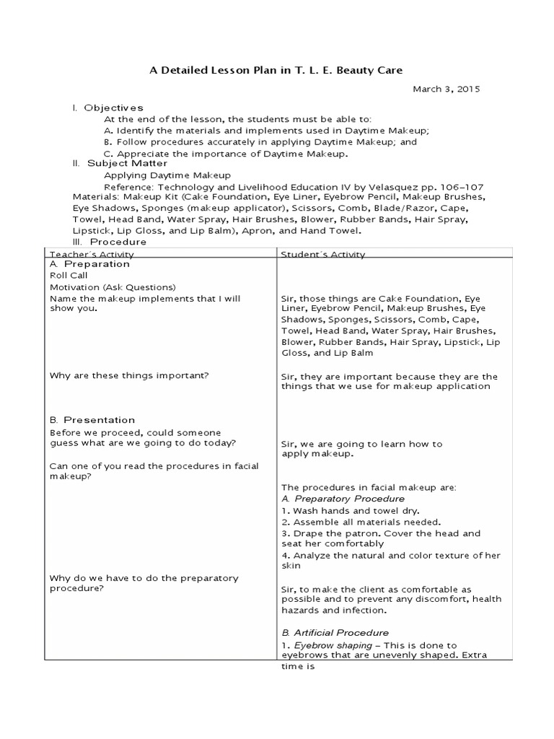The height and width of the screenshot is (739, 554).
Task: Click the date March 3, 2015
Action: (x=445, y=89)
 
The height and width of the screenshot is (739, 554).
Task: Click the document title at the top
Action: (x=276, y=70)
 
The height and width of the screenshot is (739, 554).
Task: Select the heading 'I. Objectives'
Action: (x=107, y=108)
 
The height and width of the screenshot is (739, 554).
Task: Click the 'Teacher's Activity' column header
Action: (x=91, y=254)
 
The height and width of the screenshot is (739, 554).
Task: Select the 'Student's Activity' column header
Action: (x=322, y=254)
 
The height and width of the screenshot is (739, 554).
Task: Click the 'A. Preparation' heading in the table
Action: (x=89, y=264)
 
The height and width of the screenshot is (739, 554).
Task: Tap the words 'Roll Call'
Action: (x=68, y=275)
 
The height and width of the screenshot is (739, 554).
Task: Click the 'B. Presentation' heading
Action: (x=92, y=419)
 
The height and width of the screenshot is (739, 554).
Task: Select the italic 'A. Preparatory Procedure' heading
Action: (x=343, y=499)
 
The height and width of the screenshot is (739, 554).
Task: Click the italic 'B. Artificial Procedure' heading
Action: (x=335, y=633)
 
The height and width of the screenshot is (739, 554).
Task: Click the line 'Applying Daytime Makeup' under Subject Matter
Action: (x=167, y=175)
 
